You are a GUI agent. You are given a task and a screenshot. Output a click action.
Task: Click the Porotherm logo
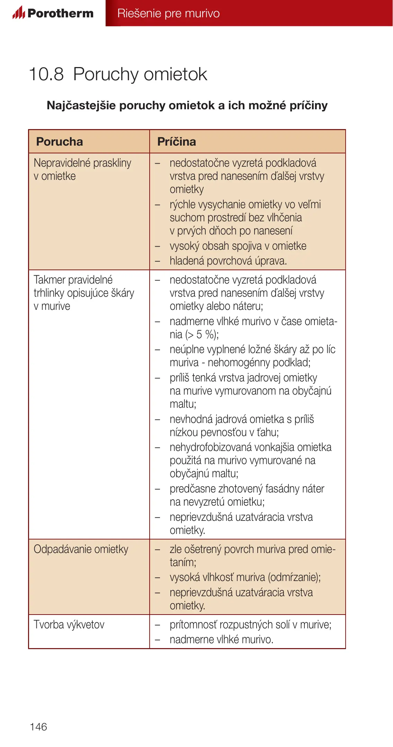(53, 13)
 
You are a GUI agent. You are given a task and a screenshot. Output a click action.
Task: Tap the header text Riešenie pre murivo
(168, 13)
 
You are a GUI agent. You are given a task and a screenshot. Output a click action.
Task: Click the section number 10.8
(46, 74)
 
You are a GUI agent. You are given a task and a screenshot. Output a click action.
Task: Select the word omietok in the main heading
(175, 74)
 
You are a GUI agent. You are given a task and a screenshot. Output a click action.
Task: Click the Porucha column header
(60, 142)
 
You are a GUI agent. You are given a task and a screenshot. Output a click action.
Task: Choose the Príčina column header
(177, 142)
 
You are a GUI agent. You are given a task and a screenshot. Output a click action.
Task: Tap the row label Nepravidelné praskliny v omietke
(82, 169)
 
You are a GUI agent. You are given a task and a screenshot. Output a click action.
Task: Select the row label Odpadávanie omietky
(81, 549)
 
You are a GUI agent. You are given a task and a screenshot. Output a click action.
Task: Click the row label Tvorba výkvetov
(69, 625)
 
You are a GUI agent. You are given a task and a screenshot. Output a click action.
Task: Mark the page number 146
(38, 727)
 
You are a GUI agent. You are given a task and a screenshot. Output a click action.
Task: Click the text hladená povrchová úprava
(228, 261)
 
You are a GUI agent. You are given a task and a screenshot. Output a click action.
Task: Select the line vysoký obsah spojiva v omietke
(238, 246)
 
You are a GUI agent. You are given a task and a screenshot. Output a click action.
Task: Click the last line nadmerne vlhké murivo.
(221, 639)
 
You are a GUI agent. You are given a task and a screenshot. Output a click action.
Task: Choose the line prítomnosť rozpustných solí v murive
(250, 625)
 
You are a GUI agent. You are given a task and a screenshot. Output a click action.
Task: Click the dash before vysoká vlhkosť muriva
(158, 578)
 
